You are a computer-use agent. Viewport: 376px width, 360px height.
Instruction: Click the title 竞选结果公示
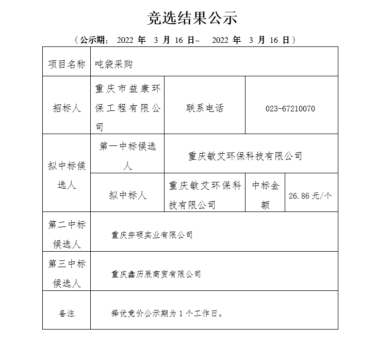click(192, 18)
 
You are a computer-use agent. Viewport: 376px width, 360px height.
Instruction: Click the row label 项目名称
click(67, 64)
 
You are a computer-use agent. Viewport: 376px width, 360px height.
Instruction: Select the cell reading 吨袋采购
click(114, 64)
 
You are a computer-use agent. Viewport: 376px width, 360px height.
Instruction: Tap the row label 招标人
click(67, 108)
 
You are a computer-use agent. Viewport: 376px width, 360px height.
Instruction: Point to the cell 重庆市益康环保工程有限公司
click(127, 108)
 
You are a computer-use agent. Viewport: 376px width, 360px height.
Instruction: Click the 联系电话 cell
click(205, 108)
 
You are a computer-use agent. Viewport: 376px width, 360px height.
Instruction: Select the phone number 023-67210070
click(290, 109)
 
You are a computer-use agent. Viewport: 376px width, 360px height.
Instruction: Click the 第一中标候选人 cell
click(127, 156)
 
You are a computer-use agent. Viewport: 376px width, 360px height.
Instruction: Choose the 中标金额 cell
click(266, 195)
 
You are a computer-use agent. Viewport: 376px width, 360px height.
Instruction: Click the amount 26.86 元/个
click(310, 196)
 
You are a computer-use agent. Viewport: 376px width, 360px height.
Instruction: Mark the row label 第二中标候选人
click(67, 234)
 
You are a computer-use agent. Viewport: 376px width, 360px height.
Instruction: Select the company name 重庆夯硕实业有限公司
click(152, 235)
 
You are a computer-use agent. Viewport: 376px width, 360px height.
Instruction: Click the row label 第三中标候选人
click(67, 273)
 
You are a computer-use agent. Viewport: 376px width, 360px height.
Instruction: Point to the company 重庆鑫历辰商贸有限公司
click(156, 274)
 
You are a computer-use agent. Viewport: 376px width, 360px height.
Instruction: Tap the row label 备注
click(67, 313)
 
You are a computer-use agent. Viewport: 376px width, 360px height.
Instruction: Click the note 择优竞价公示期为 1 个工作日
click(168, 313)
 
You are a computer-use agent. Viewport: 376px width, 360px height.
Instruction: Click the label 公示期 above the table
click(93, 40)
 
